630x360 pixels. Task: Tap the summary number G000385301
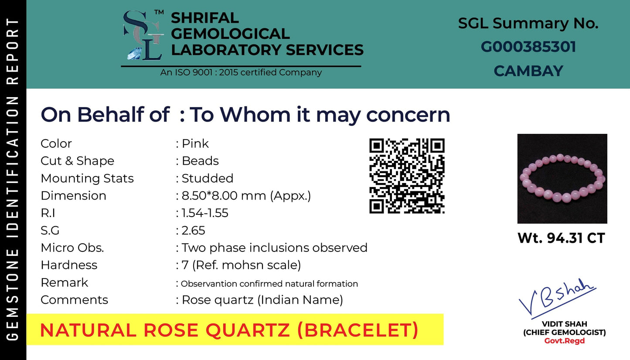(x=528, y=47)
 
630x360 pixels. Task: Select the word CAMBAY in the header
(x=528, y=71)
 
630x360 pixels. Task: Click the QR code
(x=407, y=176)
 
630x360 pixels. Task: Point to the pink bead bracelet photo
(x=562, y=179)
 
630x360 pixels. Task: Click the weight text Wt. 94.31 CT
(x=561, y=238)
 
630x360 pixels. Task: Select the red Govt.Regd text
(x=564, y=341)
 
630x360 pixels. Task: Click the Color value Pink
(x=195, y=143)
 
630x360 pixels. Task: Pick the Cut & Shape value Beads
(x=200, y=161)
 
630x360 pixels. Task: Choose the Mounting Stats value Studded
(x=207, y=178)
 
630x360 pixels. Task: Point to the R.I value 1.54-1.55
(x=205, y=213)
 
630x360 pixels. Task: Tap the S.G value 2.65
(x=193, y=231)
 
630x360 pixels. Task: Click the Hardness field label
(x=69, y=265)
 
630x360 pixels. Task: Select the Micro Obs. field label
(x=72, y=248)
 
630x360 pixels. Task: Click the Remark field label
(x=64, y=282)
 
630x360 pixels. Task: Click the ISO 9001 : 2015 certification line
(x=241, y=72)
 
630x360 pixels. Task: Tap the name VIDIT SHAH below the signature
(x=564, y=324)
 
